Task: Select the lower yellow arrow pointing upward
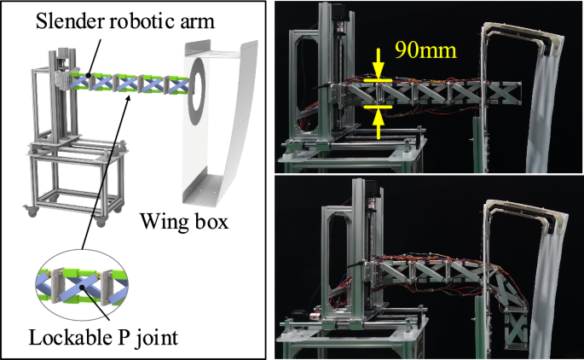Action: pyautogui.click(x=378, y=120)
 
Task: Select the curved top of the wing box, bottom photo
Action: pyautogui.click(x=517, y=209)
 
